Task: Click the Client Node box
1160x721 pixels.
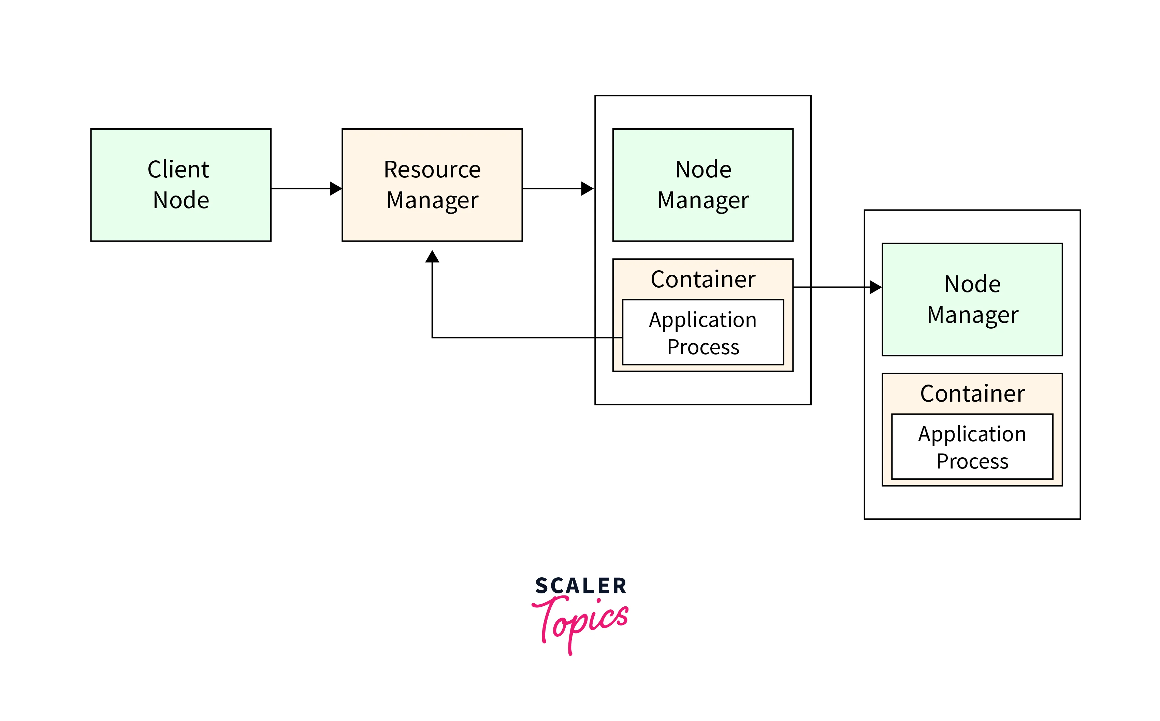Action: [181, 185]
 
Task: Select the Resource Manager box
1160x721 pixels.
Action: [432, 185]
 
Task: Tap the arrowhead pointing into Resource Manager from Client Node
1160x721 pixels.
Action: [336, 189]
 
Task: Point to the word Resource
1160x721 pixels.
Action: [432, 170]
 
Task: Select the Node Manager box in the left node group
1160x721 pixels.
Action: [703, 185]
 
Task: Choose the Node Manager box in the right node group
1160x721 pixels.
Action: [972, 300]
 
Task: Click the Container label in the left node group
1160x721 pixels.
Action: [703, 279]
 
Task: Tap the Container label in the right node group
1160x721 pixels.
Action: [972, 394]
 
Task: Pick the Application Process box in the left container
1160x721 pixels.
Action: [703, 332]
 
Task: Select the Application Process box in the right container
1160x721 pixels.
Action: [972, 447]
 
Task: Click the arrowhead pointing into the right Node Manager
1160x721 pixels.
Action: [876, 287]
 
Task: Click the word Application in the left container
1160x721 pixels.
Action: [703, 320]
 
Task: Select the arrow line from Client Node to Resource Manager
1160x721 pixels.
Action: [300, 189]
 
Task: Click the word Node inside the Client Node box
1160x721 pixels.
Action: [181, 200]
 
